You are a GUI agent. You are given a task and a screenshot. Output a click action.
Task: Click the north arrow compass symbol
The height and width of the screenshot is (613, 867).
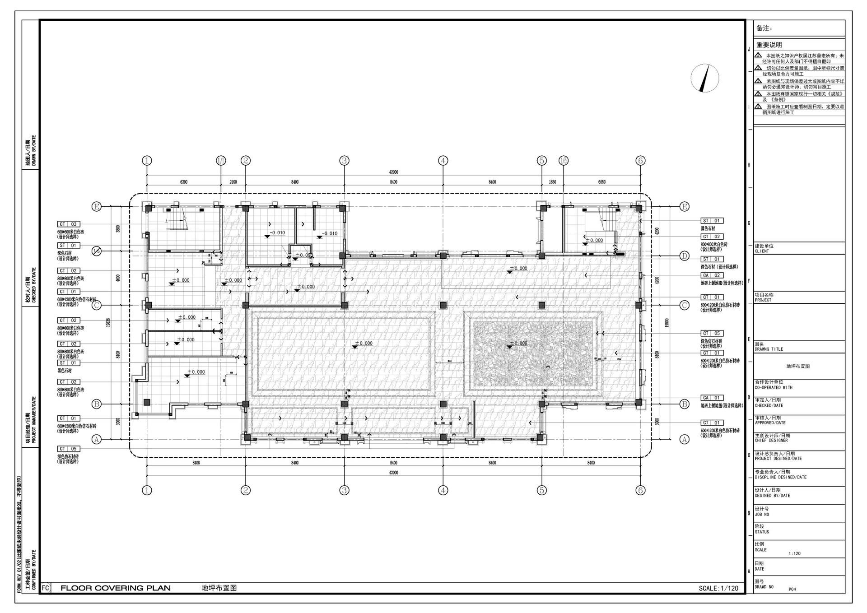point(704,78)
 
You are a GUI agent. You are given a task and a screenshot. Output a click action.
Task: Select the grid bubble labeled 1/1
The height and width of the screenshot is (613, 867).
point(221,161)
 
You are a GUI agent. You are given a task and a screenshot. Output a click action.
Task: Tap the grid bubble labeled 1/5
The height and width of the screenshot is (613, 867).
point(563,161)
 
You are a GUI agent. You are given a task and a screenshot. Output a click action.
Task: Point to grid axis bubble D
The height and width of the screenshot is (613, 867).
point(685,256)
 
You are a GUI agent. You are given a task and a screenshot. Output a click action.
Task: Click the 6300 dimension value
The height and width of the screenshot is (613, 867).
point(183,182)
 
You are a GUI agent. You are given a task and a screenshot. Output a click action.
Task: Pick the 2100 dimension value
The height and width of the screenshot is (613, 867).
point(233,182)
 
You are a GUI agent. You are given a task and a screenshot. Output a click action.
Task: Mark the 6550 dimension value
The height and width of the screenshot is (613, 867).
point(601,182)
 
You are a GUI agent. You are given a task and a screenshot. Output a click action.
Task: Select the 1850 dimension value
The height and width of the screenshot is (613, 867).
point(552,182)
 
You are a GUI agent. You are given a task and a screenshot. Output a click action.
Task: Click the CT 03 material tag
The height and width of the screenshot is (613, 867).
point(68,224)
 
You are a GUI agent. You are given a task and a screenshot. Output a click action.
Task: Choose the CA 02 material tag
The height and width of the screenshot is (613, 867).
point(712,275)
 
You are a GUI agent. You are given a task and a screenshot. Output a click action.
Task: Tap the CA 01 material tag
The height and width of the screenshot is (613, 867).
point(712,398)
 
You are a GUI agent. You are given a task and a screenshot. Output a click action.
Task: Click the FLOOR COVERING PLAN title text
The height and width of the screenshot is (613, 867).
point(116,588)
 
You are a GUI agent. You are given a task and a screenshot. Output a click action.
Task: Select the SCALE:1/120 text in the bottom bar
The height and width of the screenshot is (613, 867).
point(718,588)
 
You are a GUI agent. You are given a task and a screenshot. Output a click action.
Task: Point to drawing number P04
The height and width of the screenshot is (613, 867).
point(792,589)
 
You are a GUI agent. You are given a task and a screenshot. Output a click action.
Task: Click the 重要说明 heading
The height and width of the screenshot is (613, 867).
point(769,45)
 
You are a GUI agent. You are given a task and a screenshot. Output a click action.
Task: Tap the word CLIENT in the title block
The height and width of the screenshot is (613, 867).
point(762,251)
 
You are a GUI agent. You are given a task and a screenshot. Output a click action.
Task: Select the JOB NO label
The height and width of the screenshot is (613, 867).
point(762,515)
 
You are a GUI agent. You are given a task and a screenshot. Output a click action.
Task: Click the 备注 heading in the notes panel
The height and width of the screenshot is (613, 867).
point(764,28)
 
